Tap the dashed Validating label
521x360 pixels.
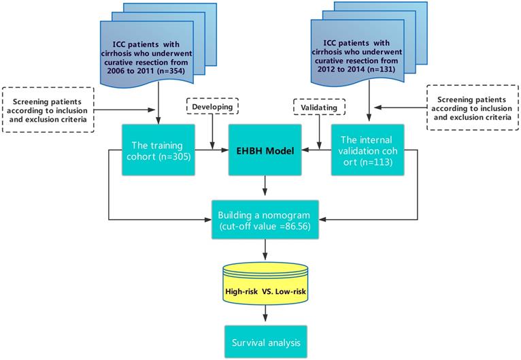[318, 107]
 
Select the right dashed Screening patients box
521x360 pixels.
[473, 106]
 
